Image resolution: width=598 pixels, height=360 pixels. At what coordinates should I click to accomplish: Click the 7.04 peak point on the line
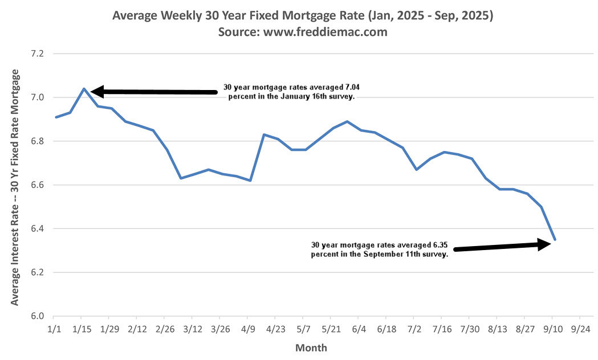click(x=84, y=88)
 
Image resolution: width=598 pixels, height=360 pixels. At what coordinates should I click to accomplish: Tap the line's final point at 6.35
click(x=555, y=239)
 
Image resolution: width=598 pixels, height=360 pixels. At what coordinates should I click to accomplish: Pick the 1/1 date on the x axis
click(x=53, y=330)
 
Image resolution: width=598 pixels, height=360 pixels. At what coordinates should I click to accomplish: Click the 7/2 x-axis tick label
click(x=413, y=330)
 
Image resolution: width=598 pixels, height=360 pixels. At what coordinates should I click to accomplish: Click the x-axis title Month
click(x=311, y=347)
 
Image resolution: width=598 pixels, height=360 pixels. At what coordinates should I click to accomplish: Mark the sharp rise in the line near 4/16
click(x=257, y=157)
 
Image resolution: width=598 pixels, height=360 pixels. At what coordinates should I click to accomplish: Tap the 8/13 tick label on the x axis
click(x=497, y=330)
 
